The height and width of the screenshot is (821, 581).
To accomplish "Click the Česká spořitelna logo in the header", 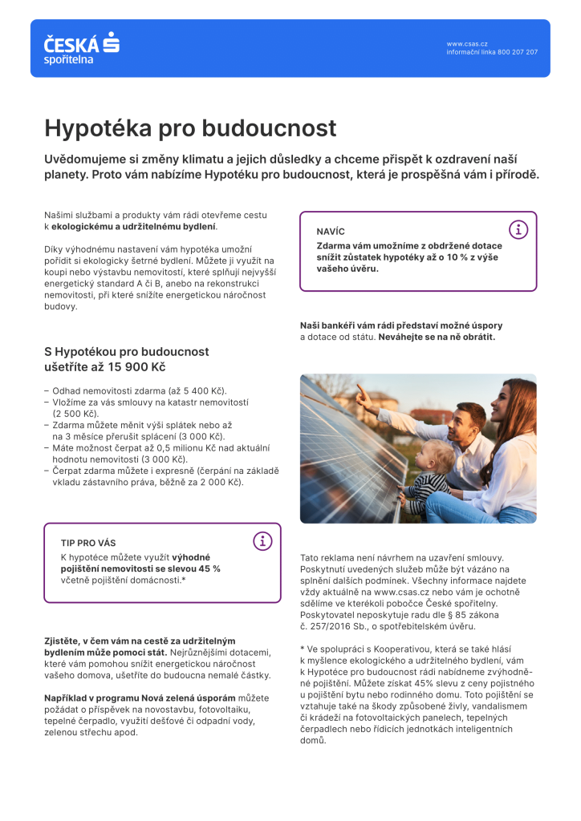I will pos(81,48).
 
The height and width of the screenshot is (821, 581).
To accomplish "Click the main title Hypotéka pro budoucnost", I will pos(190,128).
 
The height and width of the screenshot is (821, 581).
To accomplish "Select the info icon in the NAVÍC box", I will pos(518,230).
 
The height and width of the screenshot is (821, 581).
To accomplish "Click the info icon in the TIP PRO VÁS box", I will pos(262,541).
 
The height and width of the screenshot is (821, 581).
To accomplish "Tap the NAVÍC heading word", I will pos(331,231).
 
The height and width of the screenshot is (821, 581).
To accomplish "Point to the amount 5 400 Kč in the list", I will pos(202,390).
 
